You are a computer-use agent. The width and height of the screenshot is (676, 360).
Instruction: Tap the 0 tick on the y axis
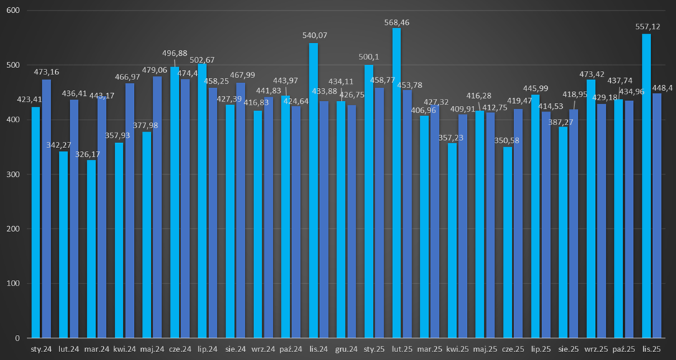[x=18, y=338]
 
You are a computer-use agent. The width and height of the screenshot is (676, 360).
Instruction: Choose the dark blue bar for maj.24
[x=158, y=207]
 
